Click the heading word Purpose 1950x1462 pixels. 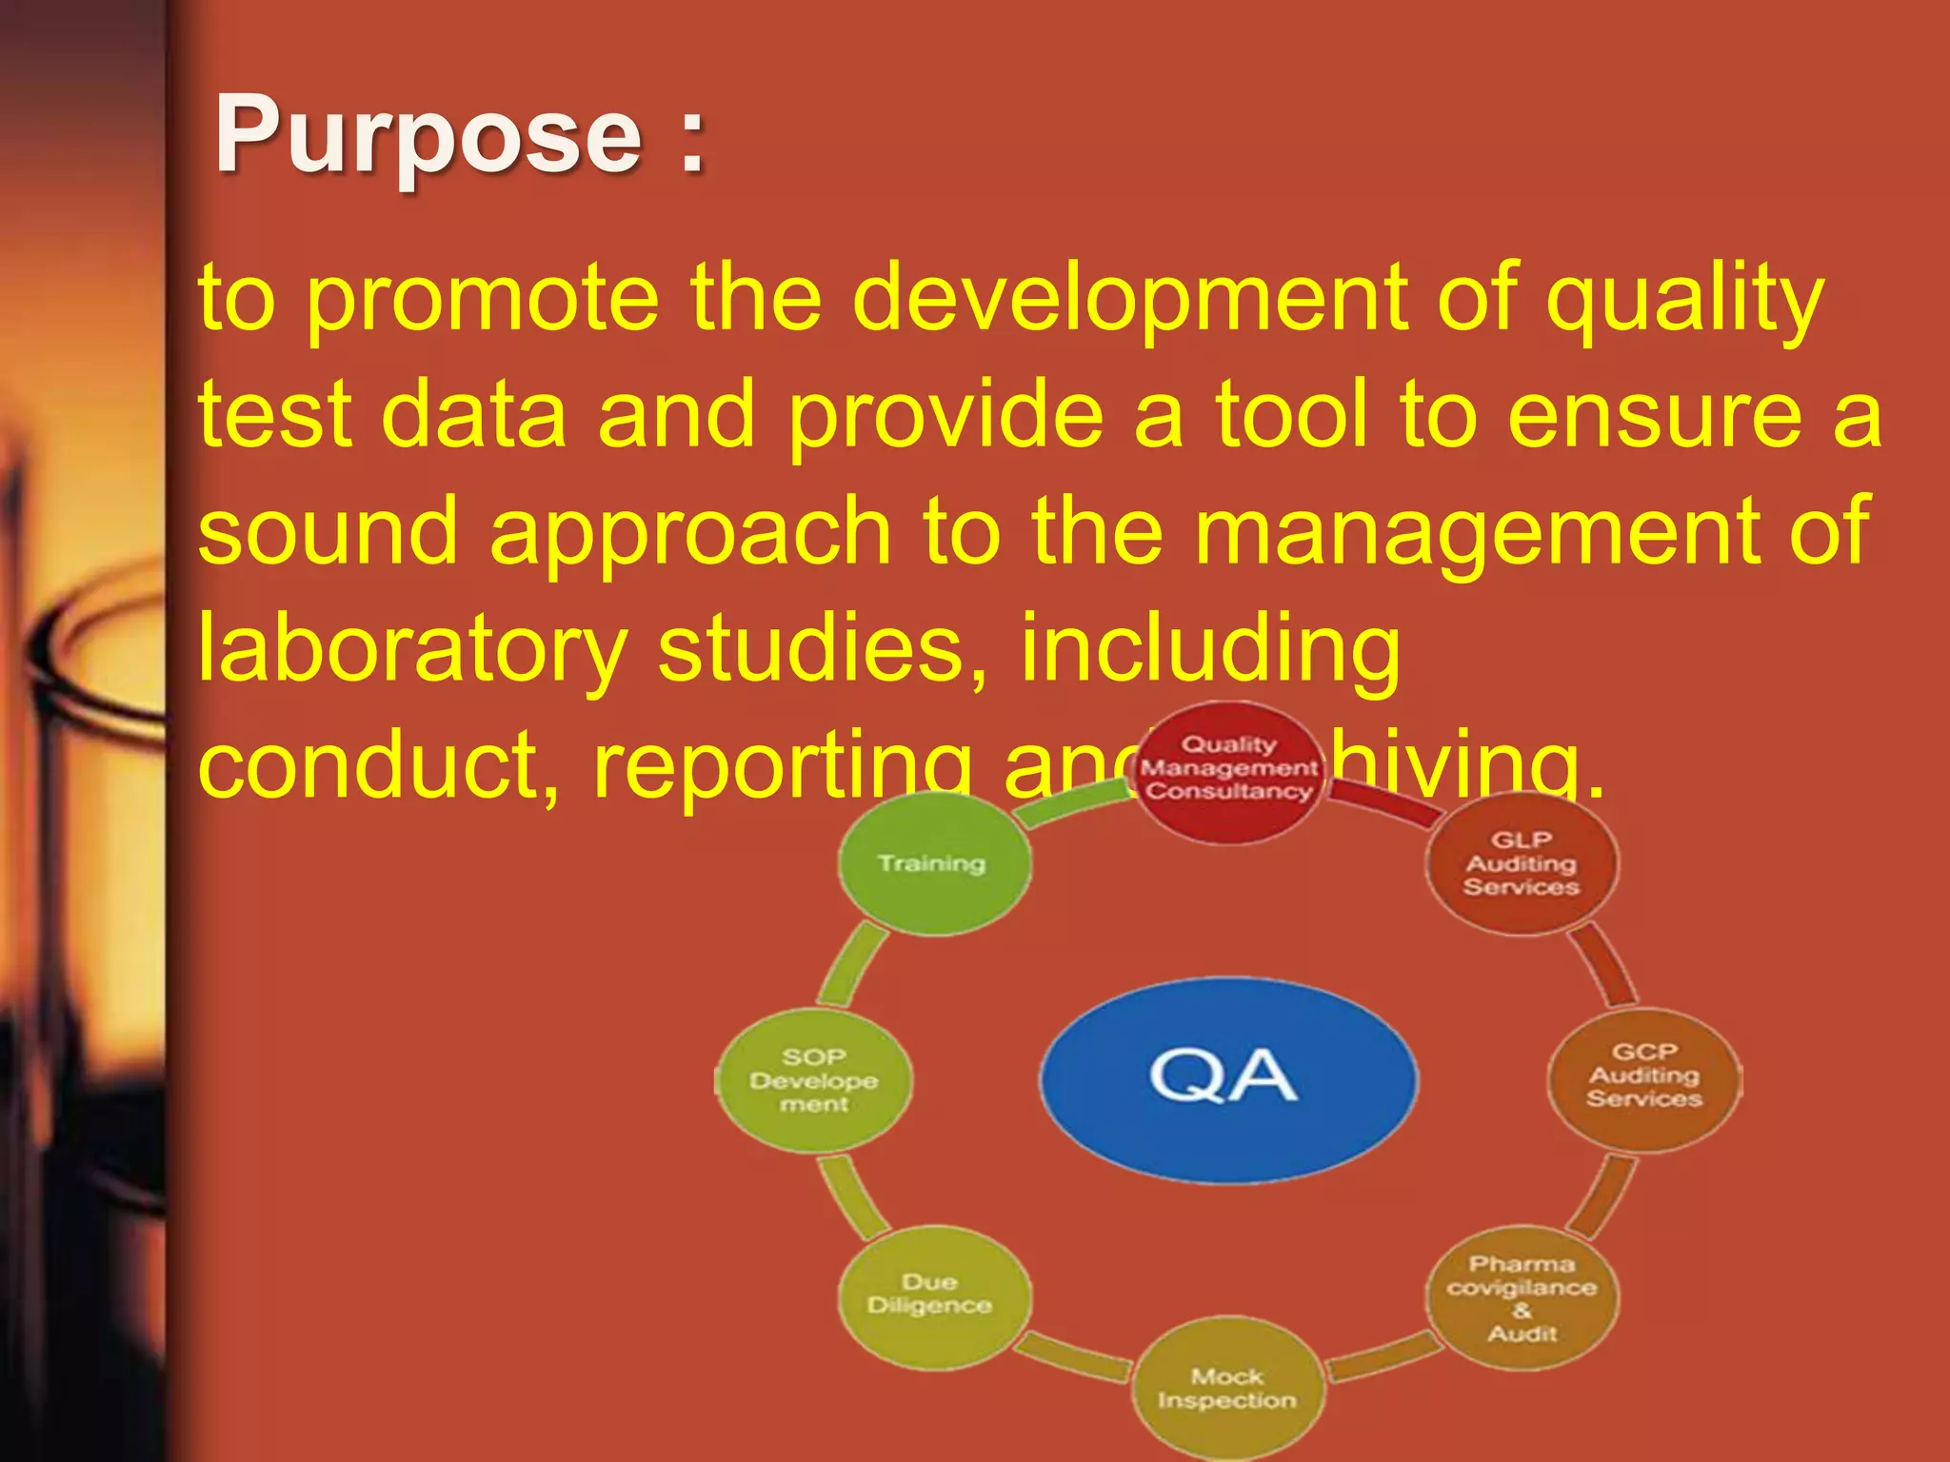pos(428,136)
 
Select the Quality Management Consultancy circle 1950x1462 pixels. pos(1228,770)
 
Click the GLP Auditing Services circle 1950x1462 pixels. pos(1521,863)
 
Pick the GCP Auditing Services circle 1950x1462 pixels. pos(1644,1077)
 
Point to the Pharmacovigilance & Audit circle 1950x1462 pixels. pos(1522,1298)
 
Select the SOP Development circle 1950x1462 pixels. pos(814,1081)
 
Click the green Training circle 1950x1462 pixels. pos(932,863)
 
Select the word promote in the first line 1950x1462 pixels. pos(483,297)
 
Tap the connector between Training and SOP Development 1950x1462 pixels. pos(851,967)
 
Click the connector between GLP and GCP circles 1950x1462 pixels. pos(1604,965)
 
